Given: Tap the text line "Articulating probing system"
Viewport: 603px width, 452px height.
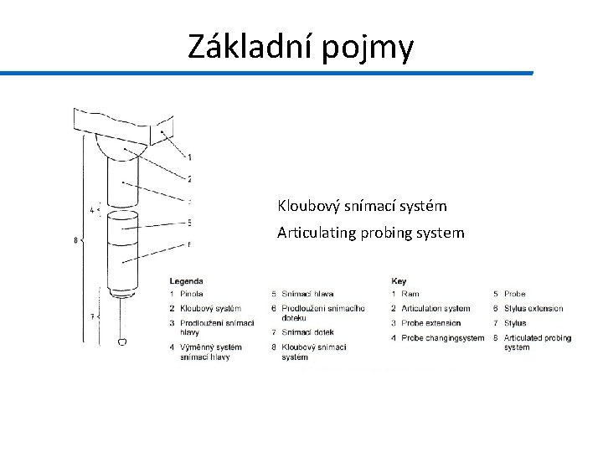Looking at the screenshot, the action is [x=370, y=233].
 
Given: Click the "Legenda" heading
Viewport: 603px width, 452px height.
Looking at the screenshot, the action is [x=186, y=280].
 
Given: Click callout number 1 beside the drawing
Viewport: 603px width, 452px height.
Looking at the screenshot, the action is [x=189, y=157].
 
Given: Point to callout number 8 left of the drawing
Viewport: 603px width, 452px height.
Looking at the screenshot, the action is [x=75, y=241].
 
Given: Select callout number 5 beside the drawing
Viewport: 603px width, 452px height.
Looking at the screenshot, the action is [x=189, y=222].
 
